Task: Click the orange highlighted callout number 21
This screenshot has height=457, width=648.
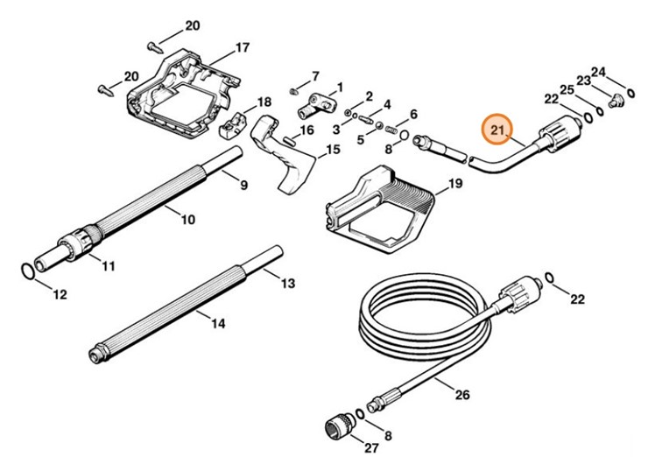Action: coord(499,131)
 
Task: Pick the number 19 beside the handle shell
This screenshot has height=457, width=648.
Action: coord(454,184)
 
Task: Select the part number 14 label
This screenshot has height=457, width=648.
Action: coord(218,323)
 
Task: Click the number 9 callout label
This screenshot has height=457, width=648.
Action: coord(243,185)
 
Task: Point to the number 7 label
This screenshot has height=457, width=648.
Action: coord(315,76)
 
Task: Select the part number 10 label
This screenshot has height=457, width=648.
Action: coord(187,220)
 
